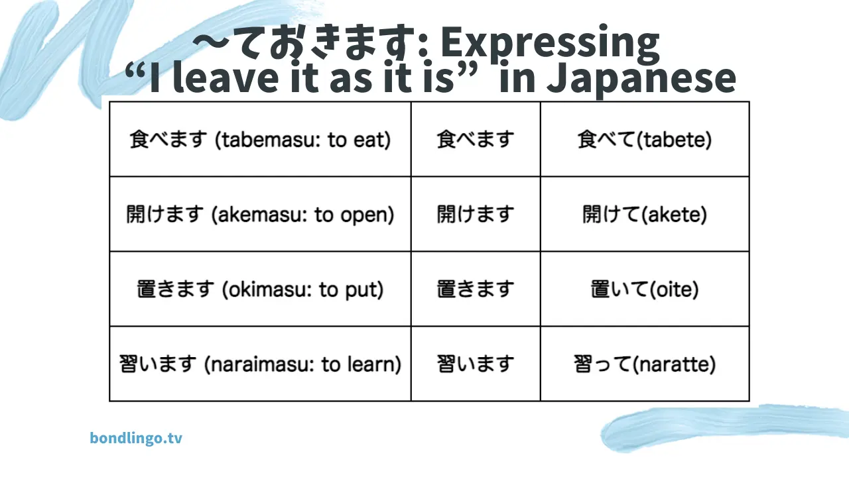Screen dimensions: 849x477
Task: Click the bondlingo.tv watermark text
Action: coord(136,438)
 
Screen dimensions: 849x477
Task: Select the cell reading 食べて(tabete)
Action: coord(644,139)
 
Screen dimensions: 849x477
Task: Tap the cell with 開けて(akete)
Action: coord(644,214)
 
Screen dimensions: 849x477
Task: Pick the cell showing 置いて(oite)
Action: coord(644,289)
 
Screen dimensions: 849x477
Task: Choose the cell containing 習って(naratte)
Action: coord(644,364)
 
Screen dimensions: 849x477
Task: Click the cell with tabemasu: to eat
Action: coord(260,139)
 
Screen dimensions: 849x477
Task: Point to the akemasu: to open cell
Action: coord(260,214)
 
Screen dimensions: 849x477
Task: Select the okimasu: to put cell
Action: coord(260,289)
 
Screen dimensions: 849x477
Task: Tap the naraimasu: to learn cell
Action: coord(260,364)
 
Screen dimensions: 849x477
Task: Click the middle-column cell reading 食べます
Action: coord(476,139)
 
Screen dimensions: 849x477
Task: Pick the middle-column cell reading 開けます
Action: coord(476,214)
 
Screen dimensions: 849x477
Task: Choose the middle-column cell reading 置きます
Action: coord(476,289)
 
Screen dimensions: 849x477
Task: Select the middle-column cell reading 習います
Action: coord(476,364)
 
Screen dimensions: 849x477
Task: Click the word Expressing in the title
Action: coord(550,44)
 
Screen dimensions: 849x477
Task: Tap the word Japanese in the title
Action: coord(641,79)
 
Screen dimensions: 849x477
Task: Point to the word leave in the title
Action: coord(226,78)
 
